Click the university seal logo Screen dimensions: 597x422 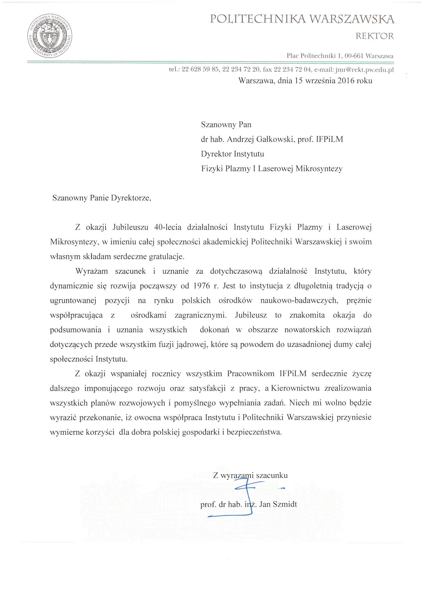(x=50, y=36)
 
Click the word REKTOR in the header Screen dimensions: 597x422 (x=375, y=36)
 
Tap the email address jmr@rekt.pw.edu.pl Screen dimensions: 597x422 (x=364, y=70)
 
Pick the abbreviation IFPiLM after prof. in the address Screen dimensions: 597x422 (x=329, y=139)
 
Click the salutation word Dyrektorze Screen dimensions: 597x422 (x=131, y=198)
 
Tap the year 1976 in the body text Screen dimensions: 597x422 (x=201, y=286)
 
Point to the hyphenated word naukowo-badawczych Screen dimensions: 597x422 (x=299, y=301)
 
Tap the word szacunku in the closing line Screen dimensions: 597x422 (x=272, y=475)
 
